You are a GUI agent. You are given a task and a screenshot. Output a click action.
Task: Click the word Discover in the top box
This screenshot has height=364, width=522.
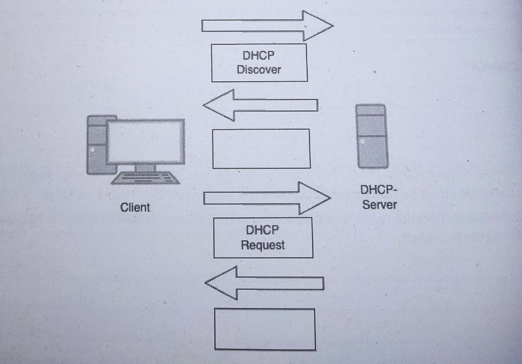click(x=259, y=70)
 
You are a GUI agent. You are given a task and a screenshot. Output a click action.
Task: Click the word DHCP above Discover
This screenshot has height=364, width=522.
click(x=258, y=56)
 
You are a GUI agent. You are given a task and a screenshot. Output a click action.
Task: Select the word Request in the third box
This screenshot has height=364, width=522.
click(x=263, y=245)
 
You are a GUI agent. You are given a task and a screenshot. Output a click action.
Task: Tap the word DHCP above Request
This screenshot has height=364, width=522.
click(x=262, y=230)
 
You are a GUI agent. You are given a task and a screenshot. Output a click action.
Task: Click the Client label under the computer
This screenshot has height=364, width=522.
click(x=135, y=207)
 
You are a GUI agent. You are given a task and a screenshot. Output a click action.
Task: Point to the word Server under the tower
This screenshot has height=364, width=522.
click(x=380, y=204)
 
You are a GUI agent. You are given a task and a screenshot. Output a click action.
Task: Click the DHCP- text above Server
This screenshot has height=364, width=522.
click(x=379, y=190)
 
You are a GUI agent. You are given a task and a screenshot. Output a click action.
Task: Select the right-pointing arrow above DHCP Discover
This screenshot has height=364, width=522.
click(x=267, y=26)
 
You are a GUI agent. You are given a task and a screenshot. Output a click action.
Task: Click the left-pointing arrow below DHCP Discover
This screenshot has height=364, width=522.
click(x=260, y=105)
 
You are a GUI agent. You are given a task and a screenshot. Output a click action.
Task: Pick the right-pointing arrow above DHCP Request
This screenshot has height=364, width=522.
click(x=267, y=198)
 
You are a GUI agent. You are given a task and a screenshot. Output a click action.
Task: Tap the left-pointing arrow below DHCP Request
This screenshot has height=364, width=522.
click(x=265, y=283)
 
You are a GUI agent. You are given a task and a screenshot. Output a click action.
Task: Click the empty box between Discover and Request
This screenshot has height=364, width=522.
click(x=262, y=129)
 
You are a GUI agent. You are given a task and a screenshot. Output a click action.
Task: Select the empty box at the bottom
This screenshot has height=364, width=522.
click(x=265, y=309)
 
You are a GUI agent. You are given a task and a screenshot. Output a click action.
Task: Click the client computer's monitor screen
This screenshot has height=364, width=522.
click(x=145, y=141)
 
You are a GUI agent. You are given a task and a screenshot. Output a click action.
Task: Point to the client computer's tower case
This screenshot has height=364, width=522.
click(x=96, y=144)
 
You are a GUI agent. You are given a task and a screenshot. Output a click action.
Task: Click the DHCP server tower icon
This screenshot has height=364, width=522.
click(x=372, y=136)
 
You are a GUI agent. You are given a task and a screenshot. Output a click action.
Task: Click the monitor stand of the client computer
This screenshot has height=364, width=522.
click(x=145, y=168)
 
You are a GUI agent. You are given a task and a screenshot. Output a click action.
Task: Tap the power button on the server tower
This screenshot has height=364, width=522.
click(x=363, y=141)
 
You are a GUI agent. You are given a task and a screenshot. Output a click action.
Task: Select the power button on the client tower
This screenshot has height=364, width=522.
click(x=92, y=150)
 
